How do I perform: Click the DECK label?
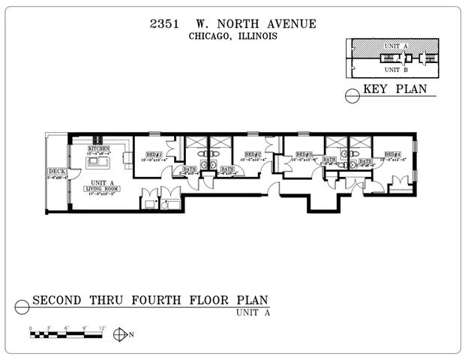coord(56,172)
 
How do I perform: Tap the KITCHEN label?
coord(99,149)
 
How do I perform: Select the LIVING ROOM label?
coord(103,188)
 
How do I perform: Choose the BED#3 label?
coord(303,154)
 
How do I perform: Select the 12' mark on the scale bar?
coord(103,328)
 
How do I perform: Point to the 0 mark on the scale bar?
coord(31,328)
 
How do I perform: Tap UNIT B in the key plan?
coord(396,70)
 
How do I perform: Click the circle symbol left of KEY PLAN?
coord(351,94)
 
